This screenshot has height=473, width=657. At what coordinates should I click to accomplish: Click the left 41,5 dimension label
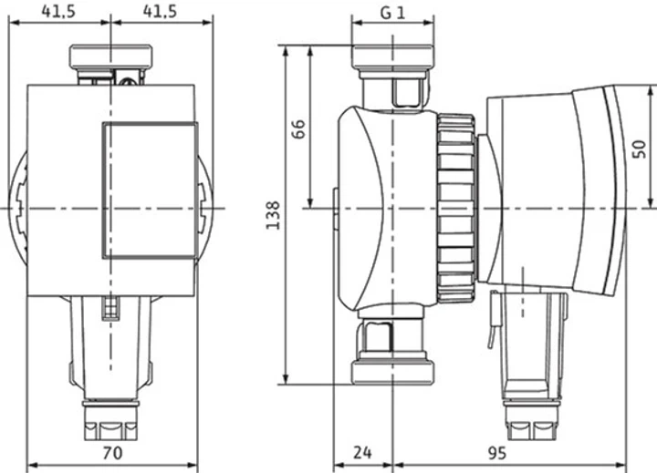coord(58,11)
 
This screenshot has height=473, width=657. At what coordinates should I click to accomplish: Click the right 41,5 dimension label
coord(160,11)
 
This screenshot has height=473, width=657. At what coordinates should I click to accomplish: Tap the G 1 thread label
coord(393,13)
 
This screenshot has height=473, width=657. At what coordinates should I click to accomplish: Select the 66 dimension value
coord(298,129)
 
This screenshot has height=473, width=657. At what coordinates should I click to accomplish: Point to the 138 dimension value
coord(273,215)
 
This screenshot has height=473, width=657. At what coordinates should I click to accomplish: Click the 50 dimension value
coord(639,149)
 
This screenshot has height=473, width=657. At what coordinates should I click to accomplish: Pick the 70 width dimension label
coord(112,452)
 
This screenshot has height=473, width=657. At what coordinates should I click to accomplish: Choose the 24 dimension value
coord(362,452)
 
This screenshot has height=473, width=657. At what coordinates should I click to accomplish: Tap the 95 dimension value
coord(497,452)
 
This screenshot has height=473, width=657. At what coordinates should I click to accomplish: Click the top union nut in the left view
coord(111,57)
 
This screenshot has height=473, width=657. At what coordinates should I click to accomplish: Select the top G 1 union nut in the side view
coord(393,57)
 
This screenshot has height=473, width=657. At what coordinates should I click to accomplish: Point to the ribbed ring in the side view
coord(457,207)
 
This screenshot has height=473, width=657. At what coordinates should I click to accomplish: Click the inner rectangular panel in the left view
coord(151,190)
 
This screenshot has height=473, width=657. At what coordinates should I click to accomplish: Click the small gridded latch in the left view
coord(110,308)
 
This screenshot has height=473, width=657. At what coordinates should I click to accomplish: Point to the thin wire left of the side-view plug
coord(492,320)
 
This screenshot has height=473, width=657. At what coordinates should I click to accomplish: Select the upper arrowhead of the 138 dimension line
coord(286,51)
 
